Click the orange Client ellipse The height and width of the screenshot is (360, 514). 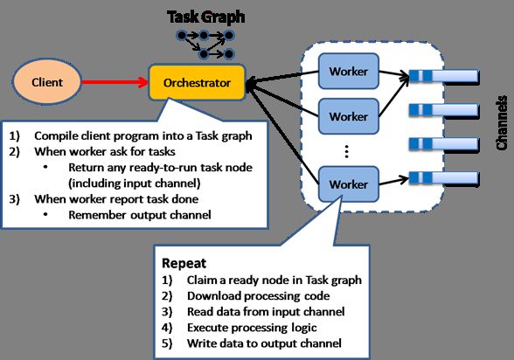pyautogui.click(x=47, y=81)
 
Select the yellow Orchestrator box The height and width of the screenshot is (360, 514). pyautogui.click(x=197, y=82)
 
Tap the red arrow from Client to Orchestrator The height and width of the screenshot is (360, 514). pyautogui.click(x=115, y=82)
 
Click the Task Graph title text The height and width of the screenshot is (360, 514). pyautogui.click(x=206, y=17)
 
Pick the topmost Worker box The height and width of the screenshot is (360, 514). pyautogui.click(x=349, y=71)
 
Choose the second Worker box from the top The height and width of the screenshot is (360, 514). pyautogui.click(x=349, y=116)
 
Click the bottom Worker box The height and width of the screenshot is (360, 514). pyautogui.click(x=349, y=184)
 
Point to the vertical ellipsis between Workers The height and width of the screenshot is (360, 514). pyautogui.click(x=346, y=151)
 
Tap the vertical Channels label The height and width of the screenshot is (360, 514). pyautogui.click(x=501, y=123)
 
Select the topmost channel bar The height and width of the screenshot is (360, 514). pyautogui.click(x=444, y=76)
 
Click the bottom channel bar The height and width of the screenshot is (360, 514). pyautogui.click(x=444, y=178)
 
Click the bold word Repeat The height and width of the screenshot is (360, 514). pyautogui.click(x=184, y=263)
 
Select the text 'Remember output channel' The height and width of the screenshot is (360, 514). pyautogui.click(x=140, y=215)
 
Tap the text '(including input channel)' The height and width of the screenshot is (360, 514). pyautogui.click(x=135, y=183)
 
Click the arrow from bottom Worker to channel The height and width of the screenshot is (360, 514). pyautogui.click(x=394, y=181)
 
